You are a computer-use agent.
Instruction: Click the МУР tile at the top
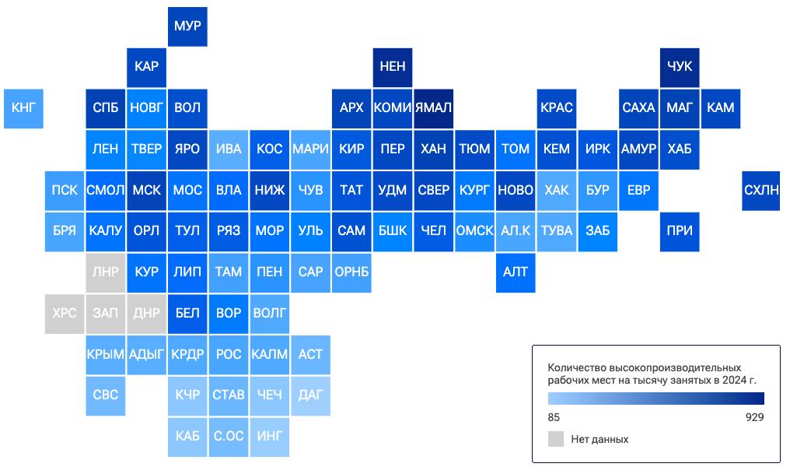187,26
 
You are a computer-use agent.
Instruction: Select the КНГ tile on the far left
23,109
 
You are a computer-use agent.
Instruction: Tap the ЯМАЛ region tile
434,109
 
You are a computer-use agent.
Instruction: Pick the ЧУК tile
680,68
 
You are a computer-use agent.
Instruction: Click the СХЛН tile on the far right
761,191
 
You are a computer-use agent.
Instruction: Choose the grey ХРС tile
65,314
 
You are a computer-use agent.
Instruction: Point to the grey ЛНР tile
105,272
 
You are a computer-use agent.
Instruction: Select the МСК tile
147,191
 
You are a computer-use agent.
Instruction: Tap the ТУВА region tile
557,232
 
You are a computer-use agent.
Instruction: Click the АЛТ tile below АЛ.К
516,272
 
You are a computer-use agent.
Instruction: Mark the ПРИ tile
680,232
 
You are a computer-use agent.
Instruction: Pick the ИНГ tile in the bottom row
270,437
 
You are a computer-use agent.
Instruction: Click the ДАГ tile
310,396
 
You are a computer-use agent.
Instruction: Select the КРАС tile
557,109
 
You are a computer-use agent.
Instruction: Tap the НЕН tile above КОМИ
393,68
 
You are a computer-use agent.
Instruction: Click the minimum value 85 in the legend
554,417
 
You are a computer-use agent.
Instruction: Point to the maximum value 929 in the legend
755,417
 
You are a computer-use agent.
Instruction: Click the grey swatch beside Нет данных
556,439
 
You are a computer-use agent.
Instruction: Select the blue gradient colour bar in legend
656,399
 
